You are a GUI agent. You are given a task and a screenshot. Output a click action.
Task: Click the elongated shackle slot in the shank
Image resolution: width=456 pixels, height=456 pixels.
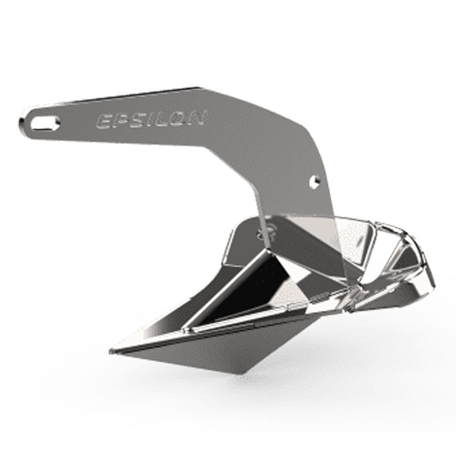tap(46, 123)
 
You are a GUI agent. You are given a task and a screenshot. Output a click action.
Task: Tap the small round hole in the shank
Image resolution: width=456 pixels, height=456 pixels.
tap(315, 181)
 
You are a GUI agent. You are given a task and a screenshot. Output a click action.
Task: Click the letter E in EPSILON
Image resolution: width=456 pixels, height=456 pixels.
tap(103, 121)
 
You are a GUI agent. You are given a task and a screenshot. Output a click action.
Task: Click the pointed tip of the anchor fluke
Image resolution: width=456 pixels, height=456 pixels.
tap(111, 352)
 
